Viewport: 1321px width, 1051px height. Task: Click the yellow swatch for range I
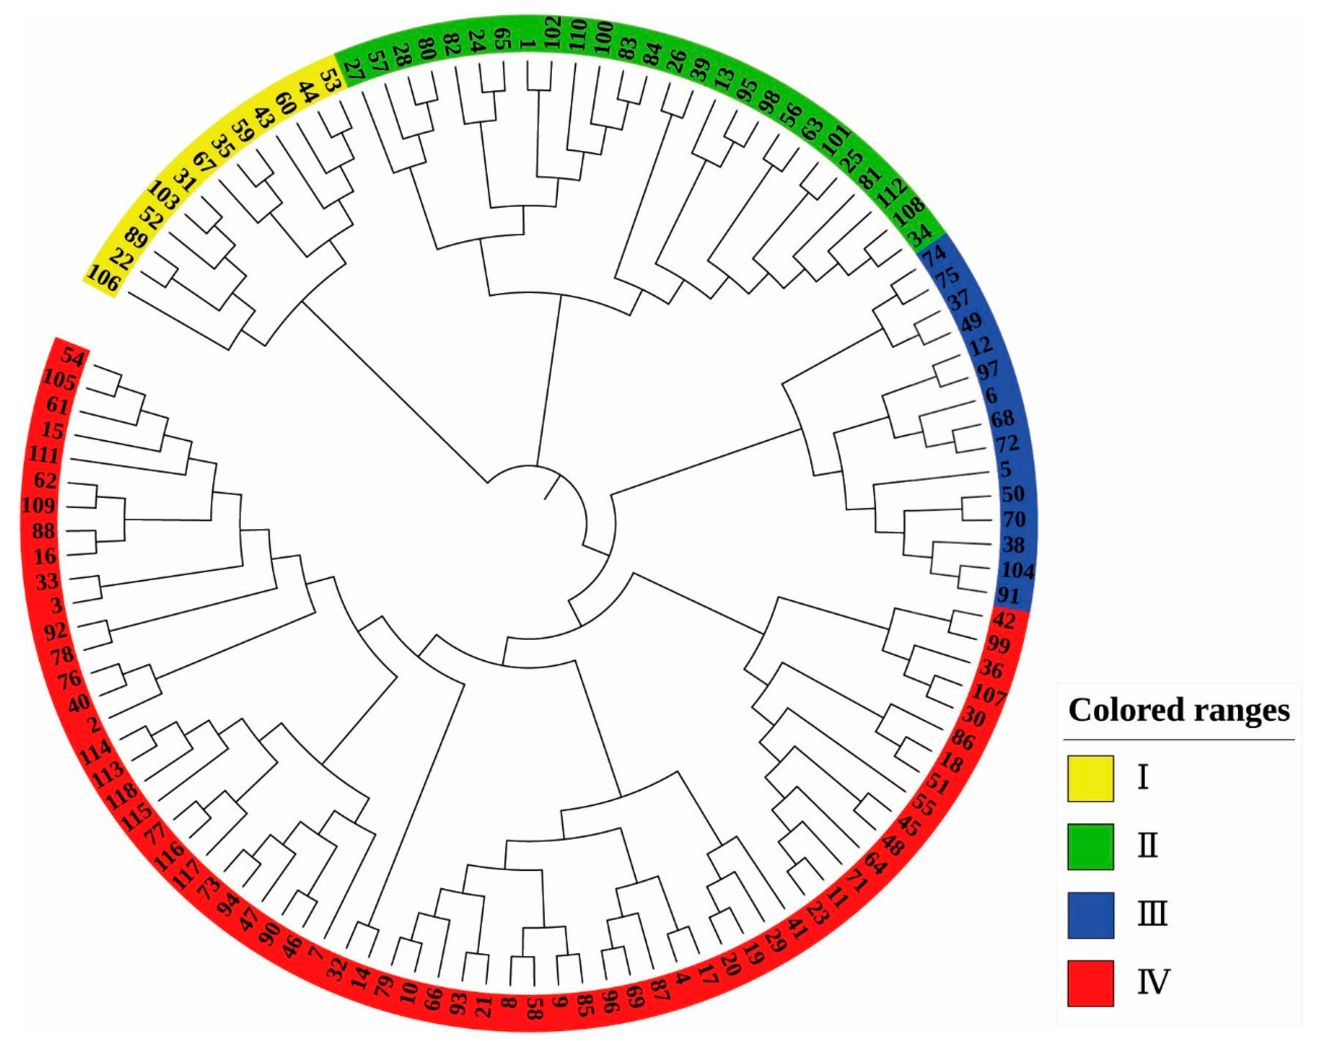click(x=1090, y=779)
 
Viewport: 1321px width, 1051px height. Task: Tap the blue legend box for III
click(x=1090, y=915)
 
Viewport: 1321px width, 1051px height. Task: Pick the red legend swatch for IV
click(x=1090, y=983)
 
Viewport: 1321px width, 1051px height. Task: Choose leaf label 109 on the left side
click(x=38, y=506)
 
